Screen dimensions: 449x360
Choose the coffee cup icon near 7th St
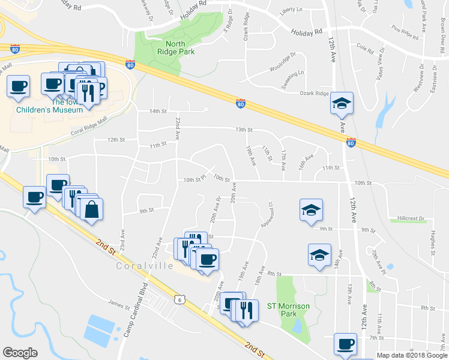345,344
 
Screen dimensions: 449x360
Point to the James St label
119,306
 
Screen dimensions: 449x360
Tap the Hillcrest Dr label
411,218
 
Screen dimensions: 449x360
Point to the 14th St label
157,111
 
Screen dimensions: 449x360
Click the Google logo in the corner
20,353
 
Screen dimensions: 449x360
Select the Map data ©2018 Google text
411,355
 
